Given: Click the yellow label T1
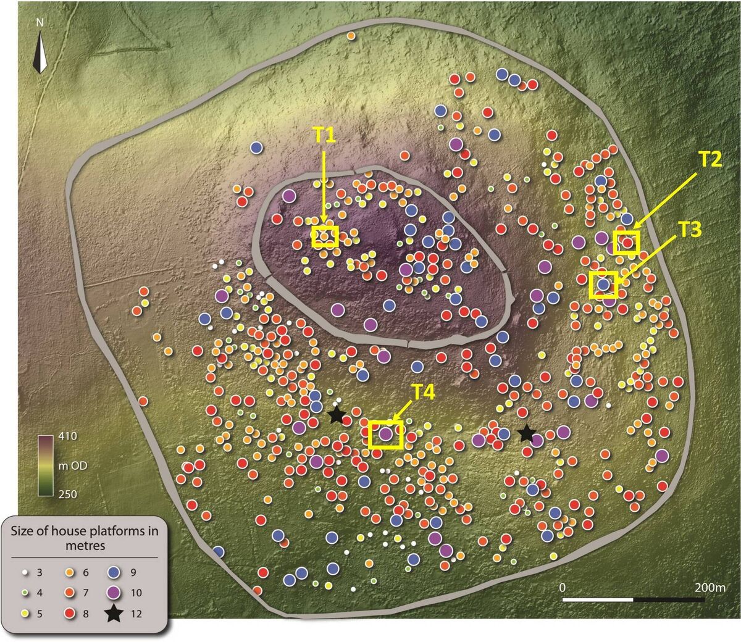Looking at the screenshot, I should (323, 136).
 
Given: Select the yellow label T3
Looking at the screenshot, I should (691, 230).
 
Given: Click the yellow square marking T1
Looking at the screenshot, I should (325, 236).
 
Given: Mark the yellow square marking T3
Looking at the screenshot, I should (603, 285).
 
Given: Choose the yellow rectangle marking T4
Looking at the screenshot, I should (386, 434).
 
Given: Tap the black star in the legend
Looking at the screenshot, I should (112, 614).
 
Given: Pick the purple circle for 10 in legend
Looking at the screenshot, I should (112, 593).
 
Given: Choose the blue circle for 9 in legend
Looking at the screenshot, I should (112, 572).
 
